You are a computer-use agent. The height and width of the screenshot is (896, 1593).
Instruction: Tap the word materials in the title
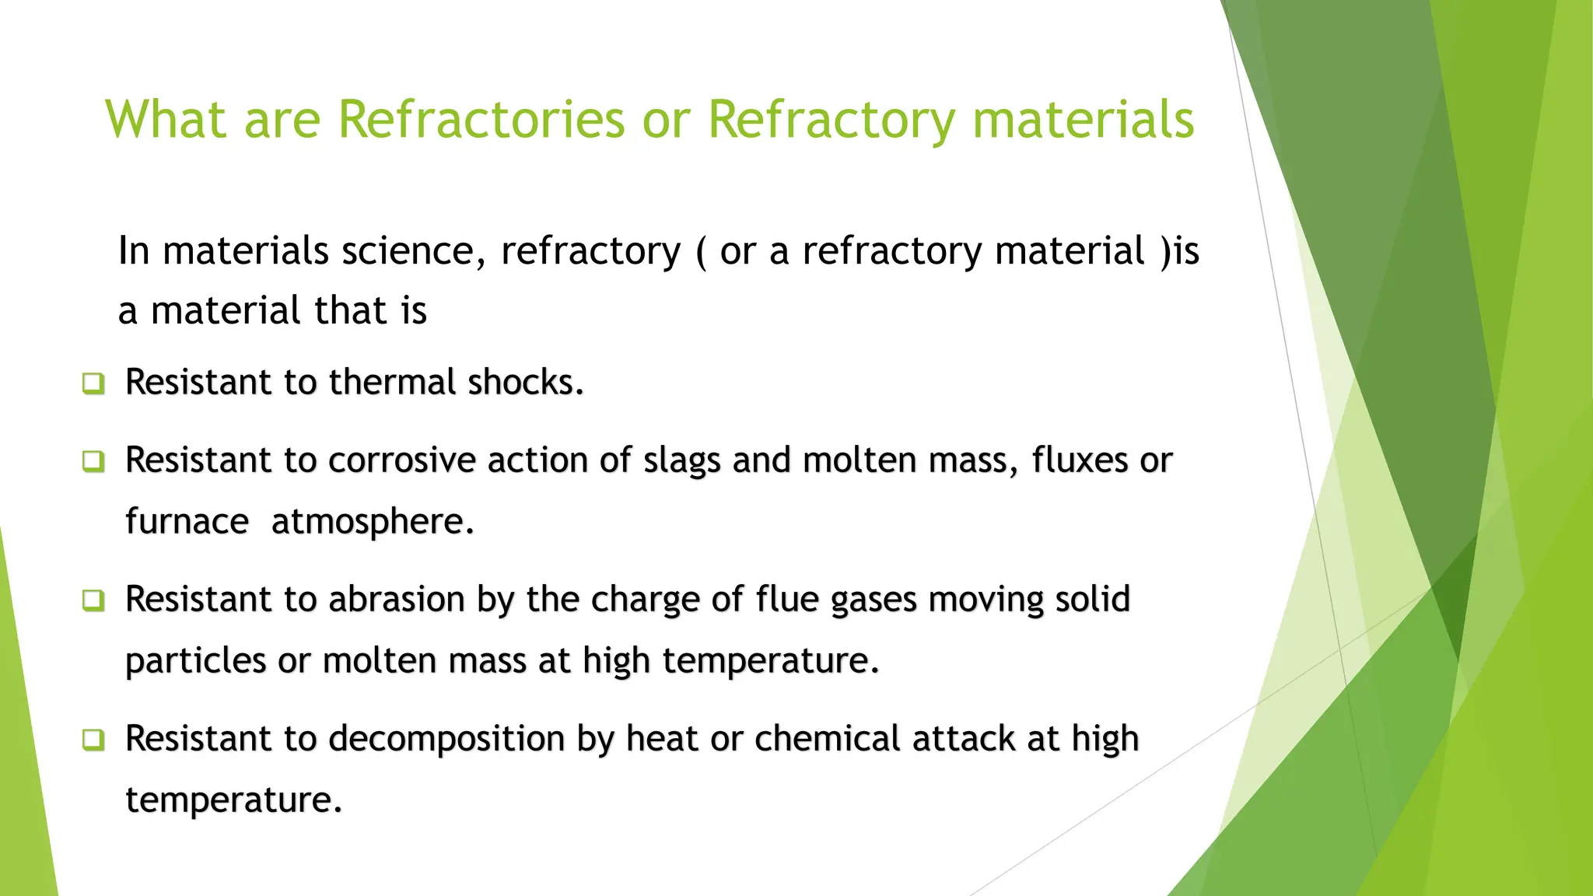coord(1083,120)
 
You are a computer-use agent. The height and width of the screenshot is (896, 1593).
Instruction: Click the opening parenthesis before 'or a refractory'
coord(702,252)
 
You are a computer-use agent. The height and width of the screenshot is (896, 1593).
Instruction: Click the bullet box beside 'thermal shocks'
coord(93,383)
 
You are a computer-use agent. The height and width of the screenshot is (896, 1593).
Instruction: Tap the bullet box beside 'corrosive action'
coord(93,460)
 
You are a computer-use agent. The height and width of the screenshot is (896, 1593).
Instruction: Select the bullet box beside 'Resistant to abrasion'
coord(93,600)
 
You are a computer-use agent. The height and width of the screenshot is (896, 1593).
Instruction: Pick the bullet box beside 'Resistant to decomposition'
coord(93,739)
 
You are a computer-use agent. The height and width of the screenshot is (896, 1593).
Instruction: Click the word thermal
coord(392,382)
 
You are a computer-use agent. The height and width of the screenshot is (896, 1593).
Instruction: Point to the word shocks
coord(525,382)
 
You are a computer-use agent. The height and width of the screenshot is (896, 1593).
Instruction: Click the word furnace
coord(187,521)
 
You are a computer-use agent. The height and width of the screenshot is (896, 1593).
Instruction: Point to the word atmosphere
coord(373,522)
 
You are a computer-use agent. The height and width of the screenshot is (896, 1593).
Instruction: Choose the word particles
coord(196,661)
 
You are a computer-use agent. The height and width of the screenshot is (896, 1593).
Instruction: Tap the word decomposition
coord(446,739)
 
